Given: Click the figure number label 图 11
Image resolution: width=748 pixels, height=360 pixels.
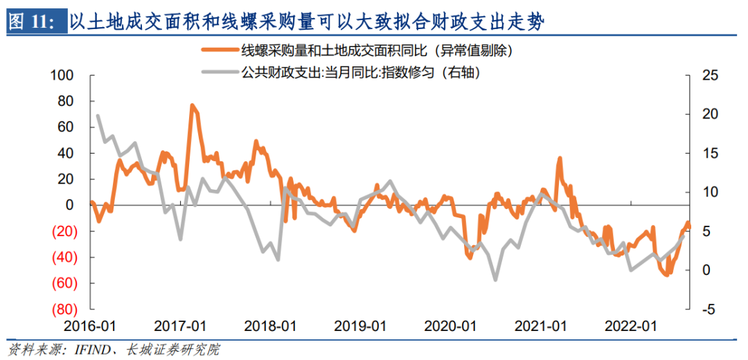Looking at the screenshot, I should [x=32, y=22].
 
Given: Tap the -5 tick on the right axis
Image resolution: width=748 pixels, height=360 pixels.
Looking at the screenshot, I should [x=701, y=309].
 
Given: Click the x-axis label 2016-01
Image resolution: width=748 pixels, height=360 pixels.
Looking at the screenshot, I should [x=91, y=326].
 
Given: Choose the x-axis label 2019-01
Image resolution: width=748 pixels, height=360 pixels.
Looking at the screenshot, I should [x=359, y=326].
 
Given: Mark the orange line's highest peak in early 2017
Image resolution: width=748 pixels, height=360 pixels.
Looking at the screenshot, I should [x=192, y=106].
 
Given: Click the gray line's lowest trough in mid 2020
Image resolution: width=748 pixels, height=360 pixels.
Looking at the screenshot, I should [x=495, y=280].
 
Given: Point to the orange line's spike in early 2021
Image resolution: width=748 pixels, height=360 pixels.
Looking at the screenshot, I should [x=559, y=159].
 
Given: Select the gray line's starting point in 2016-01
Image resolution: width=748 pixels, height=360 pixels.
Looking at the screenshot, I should [x=98, y=116].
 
